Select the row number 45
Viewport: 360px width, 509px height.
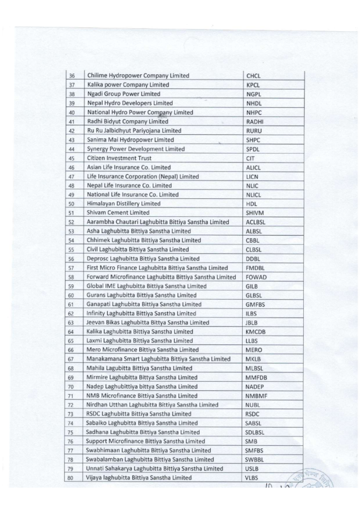pos(72,159)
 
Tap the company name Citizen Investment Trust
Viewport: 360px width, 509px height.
pos(118,158)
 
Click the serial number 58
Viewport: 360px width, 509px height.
pos(72,277)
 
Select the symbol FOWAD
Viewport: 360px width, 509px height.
pos(257,277)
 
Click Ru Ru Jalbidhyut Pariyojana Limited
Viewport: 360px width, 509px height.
pos(134,131)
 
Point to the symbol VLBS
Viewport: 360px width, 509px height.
pos(254,478)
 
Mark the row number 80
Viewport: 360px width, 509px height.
pos(72,478)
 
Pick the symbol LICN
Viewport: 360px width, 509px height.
pos(253,176)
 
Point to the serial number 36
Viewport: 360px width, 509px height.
pos(72,76)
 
